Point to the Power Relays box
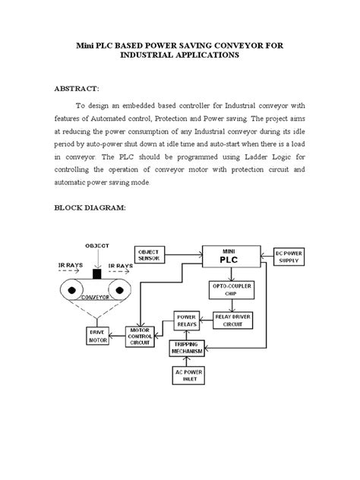tap(186, 320)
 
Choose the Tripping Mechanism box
tap(186, 348)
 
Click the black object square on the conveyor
tap(96, 274)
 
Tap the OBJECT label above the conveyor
tap(96, 247)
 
